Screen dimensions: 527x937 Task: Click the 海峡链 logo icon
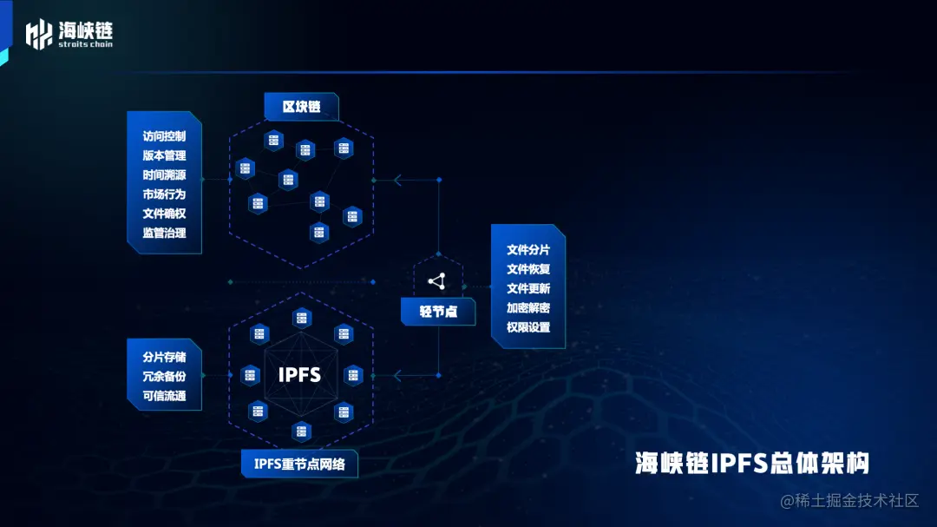click(x=39, y=34)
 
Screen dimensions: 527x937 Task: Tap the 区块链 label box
click(x=301, y=107)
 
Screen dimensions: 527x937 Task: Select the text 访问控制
click(x=164, y=136)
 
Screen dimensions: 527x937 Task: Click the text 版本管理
click(x=164, y=155)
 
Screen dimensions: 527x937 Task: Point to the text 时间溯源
click(x=164, y=175)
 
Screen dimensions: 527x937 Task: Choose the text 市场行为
click(x=164, y=194)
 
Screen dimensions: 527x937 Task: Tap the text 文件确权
click(x=164, y=213)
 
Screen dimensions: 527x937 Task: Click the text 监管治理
click(x=164, y=233)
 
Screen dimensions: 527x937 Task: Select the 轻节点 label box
click(x=438, y=311)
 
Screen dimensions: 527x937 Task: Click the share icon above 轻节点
click(x=437, y=280)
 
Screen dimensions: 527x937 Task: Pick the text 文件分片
click(x=528, y=250)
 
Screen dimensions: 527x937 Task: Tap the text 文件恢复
click(x=528, y=269)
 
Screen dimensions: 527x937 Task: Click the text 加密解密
click(x=528, y=308)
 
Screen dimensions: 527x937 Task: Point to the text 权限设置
click(x=528, y=327)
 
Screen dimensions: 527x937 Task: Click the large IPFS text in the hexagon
click(x=299, y=375)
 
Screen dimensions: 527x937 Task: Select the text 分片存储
click(x=164, y=358)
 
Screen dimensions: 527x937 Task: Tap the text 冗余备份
click(x=164, y=377)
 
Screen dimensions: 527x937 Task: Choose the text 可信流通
click(x=164, y=396)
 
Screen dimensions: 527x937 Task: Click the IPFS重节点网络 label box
click(x=299, y=464)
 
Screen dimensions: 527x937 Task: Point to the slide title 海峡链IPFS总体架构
click(x=751, y=463)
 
